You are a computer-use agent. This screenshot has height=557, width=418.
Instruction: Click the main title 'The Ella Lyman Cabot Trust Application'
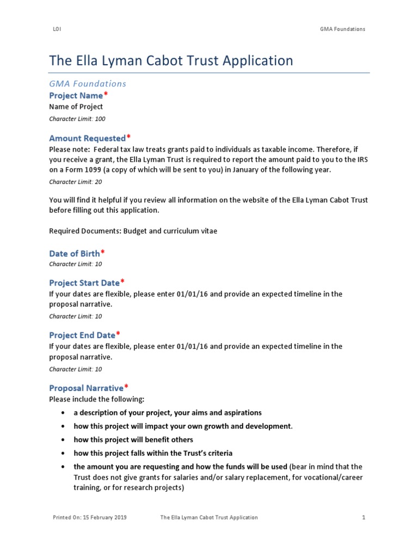(x=171, y=60)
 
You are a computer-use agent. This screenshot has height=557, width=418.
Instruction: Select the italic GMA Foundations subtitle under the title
(x=88, y=83)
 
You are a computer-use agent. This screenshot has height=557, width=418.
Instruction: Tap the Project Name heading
(x=76, y=96)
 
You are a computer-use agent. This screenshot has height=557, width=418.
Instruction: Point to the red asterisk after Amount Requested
(x=129, y=138)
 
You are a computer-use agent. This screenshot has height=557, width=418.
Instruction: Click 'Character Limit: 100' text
(x=77, y=119)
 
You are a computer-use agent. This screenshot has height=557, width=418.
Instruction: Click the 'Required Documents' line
(x=133, y=231)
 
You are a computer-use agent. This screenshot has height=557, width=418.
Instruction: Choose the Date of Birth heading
(x=75, y=253)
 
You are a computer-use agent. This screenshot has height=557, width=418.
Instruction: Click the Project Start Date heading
(x=84, y=283)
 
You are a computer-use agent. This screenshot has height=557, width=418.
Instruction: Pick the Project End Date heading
(x=82, y=335)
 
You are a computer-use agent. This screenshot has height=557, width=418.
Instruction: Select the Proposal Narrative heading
(x=87, y=388)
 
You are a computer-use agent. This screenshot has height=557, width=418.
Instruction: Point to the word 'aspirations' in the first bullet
(x=242, y=412)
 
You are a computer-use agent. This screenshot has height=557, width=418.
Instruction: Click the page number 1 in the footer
(x=364, y=517)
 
